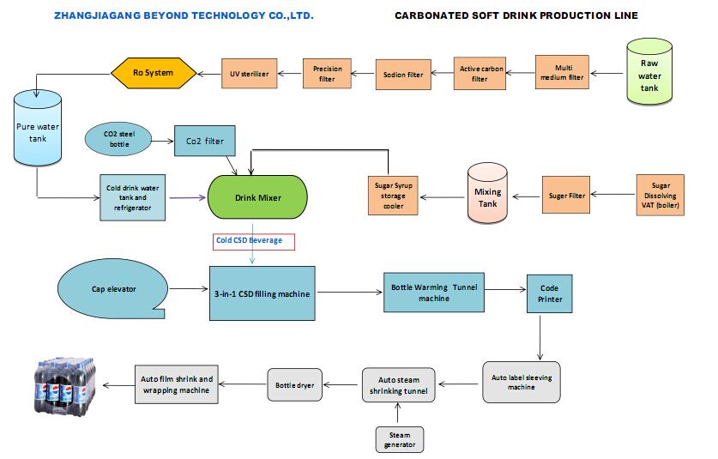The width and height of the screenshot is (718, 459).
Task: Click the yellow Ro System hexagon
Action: pos(154,73)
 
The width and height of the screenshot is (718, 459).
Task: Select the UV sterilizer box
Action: pos(249,73)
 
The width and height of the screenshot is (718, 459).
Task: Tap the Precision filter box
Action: pos(327,73)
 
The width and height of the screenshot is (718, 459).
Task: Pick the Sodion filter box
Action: pos(403,74)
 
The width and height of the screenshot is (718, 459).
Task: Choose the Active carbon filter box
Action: pos(480,73)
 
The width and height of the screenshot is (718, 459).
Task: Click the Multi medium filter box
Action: pos(563,72)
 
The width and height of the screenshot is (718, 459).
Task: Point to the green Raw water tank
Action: pos(649,72)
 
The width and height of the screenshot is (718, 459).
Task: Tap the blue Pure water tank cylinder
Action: pos(38,128)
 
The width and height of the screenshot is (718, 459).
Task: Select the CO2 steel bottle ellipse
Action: pos(118,139)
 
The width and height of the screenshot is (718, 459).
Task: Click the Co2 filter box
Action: pos(205,141)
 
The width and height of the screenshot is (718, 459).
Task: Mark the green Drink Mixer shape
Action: pos(258,197)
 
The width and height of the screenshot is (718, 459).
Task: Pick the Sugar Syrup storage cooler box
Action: pos(394,196)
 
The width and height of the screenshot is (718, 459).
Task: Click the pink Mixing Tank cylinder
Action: pos(487,193)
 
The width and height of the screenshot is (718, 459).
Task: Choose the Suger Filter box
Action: pos(566,195)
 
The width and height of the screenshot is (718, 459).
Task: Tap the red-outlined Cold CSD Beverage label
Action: pos(254,242)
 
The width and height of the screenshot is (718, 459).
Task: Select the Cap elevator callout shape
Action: pos(113,288)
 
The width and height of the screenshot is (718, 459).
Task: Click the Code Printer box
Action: pos(550,293)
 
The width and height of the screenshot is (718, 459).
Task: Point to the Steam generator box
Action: pos(400,440)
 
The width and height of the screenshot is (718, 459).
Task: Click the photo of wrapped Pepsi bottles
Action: pos(65,386)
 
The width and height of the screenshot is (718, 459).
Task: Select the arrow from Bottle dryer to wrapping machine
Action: pos(243,384)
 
